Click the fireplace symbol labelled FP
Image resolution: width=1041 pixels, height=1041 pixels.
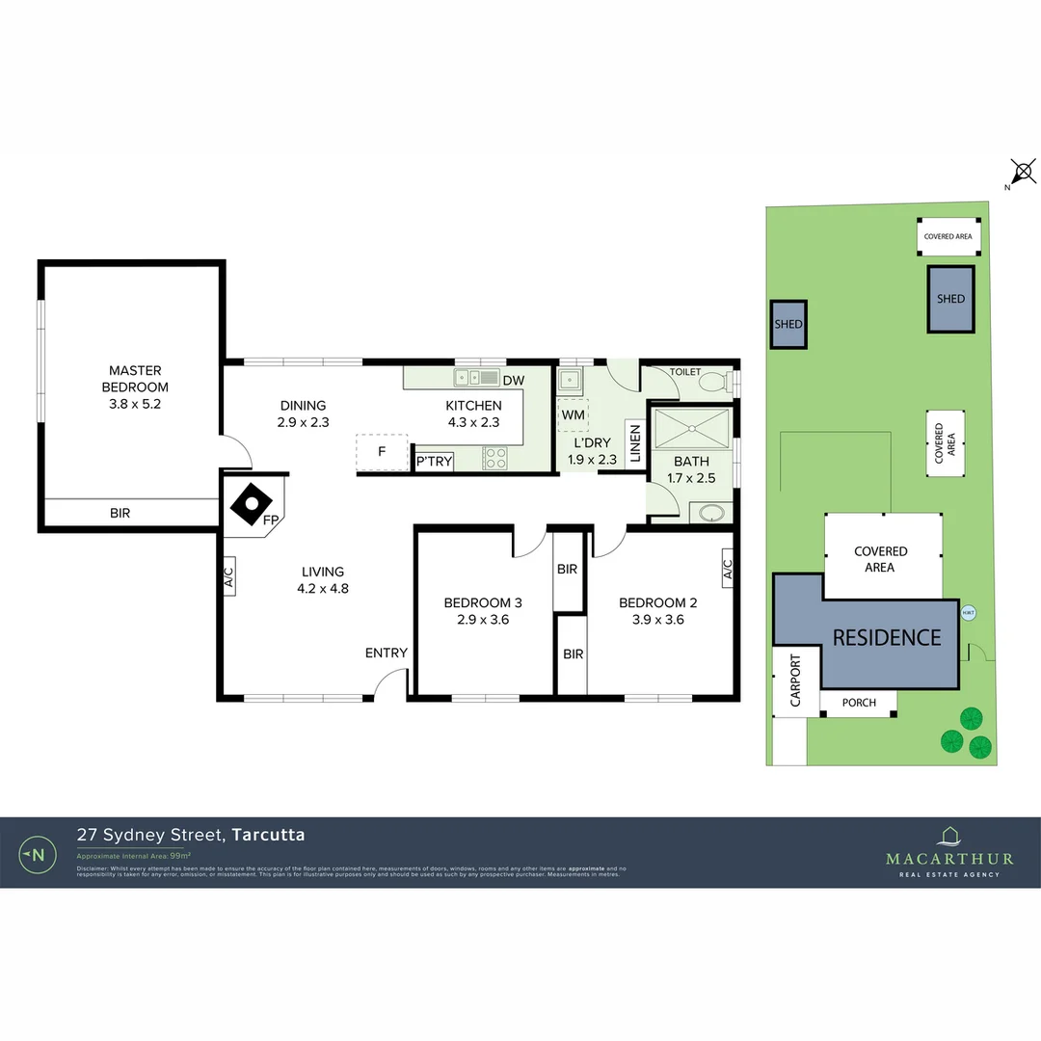tap(254, 501)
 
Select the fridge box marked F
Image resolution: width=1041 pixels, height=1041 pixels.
tap(382, 451)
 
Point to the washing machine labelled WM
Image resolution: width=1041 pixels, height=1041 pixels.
tap(573, 414)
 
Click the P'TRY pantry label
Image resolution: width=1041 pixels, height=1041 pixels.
tap(434, 462)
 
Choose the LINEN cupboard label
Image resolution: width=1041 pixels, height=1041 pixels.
tap(635, 445)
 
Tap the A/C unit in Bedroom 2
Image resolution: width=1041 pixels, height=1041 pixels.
tap(727, 571)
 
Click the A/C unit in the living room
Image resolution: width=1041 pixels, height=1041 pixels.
tap(228, 578)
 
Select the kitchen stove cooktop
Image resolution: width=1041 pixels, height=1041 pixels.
tap(494, 459)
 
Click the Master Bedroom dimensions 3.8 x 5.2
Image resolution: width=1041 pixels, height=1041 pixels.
tap(135, 404)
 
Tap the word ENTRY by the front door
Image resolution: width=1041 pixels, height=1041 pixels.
tap(386, 654)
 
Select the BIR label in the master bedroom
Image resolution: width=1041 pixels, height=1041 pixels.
tap(120, 514)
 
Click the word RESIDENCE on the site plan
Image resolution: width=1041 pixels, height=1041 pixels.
tap(887, 637)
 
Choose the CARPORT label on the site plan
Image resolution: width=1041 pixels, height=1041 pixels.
tap(795, 681)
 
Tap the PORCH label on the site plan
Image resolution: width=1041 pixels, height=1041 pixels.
tap(859, 703)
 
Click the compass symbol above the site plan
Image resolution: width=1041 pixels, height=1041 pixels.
tap(1024, 173)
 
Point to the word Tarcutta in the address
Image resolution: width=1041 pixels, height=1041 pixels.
tap(269, 835)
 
